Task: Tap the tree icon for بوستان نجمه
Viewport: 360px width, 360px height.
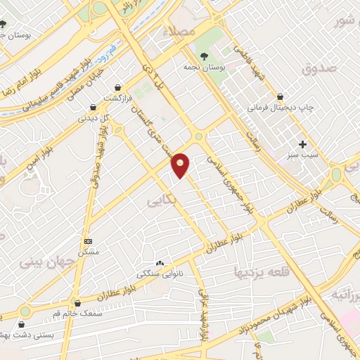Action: [204, 56]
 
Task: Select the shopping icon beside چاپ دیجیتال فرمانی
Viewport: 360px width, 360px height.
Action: [281, 97]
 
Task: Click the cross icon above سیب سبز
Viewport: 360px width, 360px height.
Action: [303, 143]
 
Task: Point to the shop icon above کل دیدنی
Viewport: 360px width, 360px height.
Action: [93, 108]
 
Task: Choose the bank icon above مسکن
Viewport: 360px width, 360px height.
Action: [87, 240]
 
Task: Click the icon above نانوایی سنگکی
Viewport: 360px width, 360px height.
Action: [160, 263]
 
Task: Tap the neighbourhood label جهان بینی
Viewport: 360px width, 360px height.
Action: [40, 264]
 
